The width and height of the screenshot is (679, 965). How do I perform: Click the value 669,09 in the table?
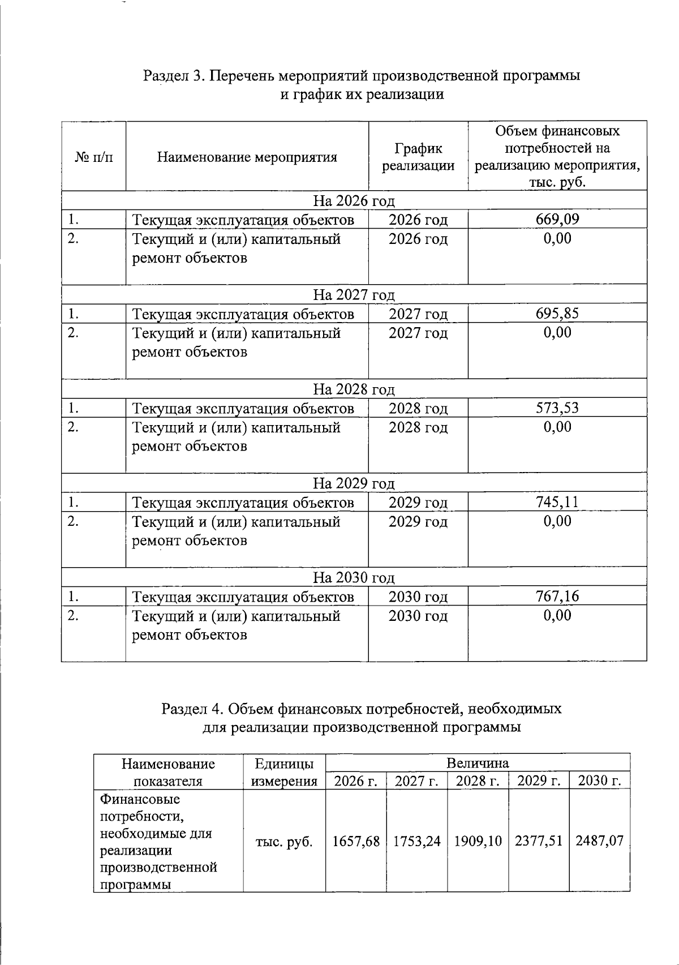click(557, 220)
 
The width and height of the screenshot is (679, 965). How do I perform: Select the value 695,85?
click(557, 314)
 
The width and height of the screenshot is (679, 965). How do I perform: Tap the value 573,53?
click(557, 408)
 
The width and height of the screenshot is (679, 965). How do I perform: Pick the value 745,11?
click(557, 501)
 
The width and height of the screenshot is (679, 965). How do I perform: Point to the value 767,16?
click(557, 596)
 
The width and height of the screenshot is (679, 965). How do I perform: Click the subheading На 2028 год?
click(354, 389)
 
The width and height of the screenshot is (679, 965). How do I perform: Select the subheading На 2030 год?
click(354, 577)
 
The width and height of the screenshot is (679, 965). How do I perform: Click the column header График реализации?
click(418, 157)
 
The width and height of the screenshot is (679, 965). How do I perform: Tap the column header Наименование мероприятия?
click(247, 157)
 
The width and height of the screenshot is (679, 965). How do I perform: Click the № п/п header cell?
click(93, 157)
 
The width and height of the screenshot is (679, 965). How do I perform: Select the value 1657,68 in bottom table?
click(356, 841)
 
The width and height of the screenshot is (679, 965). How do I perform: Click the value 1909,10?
click(478, 841)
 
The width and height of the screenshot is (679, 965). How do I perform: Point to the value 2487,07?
click(600, 841)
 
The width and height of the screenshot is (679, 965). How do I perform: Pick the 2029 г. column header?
click(539, 781)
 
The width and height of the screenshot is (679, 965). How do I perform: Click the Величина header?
click(478, 763)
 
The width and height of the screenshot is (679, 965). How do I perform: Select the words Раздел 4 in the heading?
click(192, 709)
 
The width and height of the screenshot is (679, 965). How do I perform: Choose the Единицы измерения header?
click(284, 773)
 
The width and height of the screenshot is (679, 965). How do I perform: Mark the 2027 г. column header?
click(417, 781)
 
